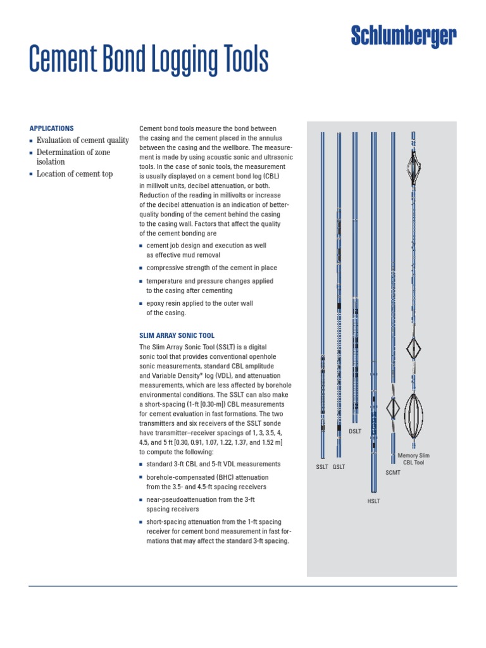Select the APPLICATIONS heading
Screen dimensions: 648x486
click(x=52, y=128)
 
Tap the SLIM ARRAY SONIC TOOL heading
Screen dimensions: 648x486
click(x=177, y=335)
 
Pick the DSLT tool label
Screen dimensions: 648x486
click(x=355, y=431)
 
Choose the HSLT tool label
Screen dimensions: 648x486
click(x=373, y=501)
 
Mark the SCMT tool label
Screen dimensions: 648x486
click(x=393, y=472)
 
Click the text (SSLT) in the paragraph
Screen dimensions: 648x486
click(x=227, y=347)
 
